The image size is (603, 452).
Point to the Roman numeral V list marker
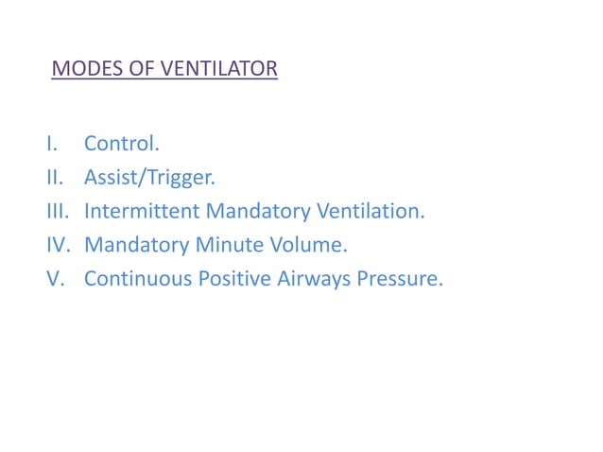tap(53, 279)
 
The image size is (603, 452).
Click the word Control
tap(122, 144)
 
